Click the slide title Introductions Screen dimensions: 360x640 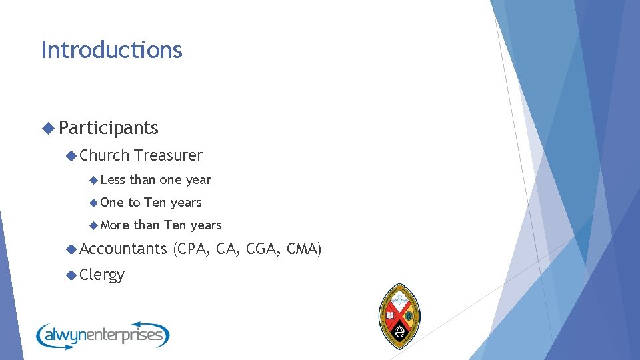click(x=111, y=50)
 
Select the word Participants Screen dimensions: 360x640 click(x=109, y=127)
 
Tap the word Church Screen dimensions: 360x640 click(x=105, y=155)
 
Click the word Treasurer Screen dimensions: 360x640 click(x=168, y=155)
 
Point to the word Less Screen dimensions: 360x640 click(x=113, y=180)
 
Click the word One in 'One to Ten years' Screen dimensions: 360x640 click(x=112, y=203)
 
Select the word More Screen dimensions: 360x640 click(x=115, y=225)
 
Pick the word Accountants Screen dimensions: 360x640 click(x=123, y=249)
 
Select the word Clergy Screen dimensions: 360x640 click(x=102, y=274)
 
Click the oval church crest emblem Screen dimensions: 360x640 click(x=399, y=315)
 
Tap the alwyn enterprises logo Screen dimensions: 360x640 click(x=103, y=334)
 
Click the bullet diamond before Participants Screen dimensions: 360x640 click(x=47, y=127)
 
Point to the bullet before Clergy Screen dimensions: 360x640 click(x=71, y=274)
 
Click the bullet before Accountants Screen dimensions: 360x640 click(x=71, y=249)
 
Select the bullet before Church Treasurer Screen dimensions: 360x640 click(x=71, y=155)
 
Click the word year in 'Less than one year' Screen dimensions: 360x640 click(x=198, y=180)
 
